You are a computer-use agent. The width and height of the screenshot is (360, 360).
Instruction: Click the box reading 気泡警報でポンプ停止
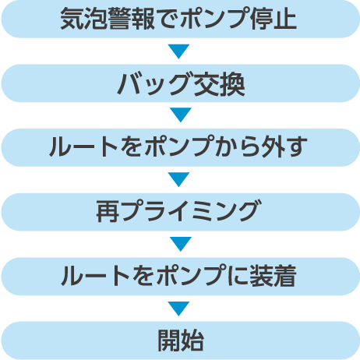180,19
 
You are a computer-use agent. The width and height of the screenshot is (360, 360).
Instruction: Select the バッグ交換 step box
180,83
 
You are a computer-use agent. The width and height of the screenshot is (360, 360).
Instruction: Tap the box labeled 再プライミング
180,212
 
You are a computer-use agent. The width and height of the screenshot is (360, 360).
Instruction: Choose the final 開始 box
180,341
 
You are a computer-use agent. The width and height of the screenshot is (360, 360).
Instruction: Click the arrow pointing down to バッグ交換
178,51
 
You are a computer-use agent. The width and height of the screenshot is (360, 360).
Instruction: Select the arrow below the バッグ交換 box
181,115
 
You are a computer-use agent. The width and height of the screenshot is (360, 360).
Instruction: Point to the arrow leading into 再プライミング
178,179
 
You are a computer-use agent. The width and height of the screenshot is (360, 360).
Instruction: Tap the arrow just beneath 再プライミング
181,244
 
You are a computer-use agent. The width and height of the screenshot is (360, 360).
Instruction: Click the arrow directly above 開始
178,309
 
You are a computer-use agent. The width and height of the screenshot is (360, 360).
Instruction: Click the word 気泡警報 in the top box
108,19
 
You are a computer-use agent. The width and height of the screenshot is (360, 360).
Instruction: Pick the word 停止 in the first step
274,19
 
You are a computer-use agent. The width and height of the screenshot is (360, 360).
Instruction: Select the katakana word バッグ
153,83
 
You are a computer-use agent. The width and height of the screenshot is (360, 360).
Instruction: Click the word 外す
284,146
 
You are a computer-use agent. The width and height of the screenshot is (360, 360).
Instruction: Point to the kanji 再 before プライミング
108,211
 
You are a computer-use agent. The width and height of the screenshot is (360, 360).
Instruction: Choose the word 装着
273,276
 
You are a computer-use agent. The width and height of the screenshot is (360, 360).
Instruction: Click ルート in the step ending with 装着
96,276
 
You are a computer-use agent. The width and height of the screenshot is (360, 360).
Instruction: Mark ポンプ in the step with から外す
180,146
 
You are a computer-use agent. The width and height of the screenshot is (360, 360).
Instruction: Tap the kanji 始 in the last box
192,341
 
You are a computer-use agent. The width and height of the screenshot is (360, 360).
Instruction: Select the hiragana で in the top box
168,19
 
